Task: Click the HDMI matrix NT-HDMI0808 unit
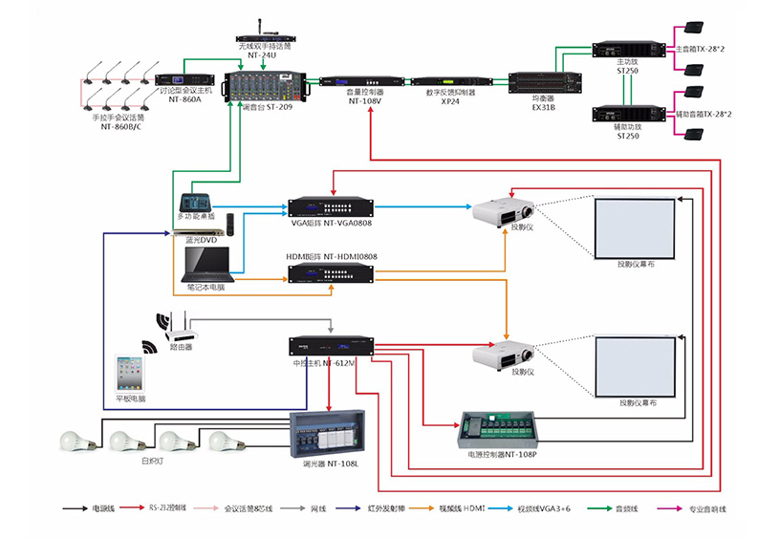tap(331, 274)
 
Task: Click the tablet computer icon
tap(130, 374)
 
